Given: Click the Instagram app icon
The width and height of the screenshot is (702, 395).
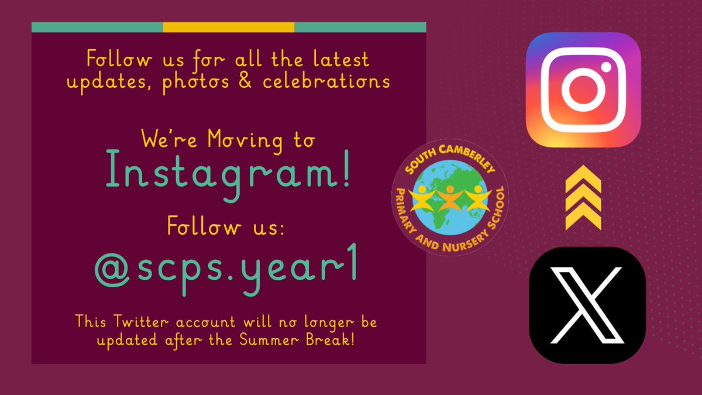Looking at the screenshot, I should tap(583, 90).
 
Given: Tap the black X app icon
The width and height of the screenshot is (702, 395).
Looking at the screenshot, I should tap(587, 305).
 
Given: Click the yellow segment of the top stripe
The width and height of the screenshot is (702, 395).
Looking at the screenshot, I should tap(228, 27).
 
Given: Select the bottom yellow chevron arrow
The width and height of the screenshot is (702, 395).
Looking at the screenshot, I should tap(583, 218).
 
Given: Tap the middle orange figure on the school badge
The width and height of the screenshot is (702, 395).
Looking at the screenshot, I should tap(450, 198).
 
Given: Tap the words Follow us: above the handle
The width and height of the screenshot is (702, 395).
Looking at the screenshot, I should tap(226, 225).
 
